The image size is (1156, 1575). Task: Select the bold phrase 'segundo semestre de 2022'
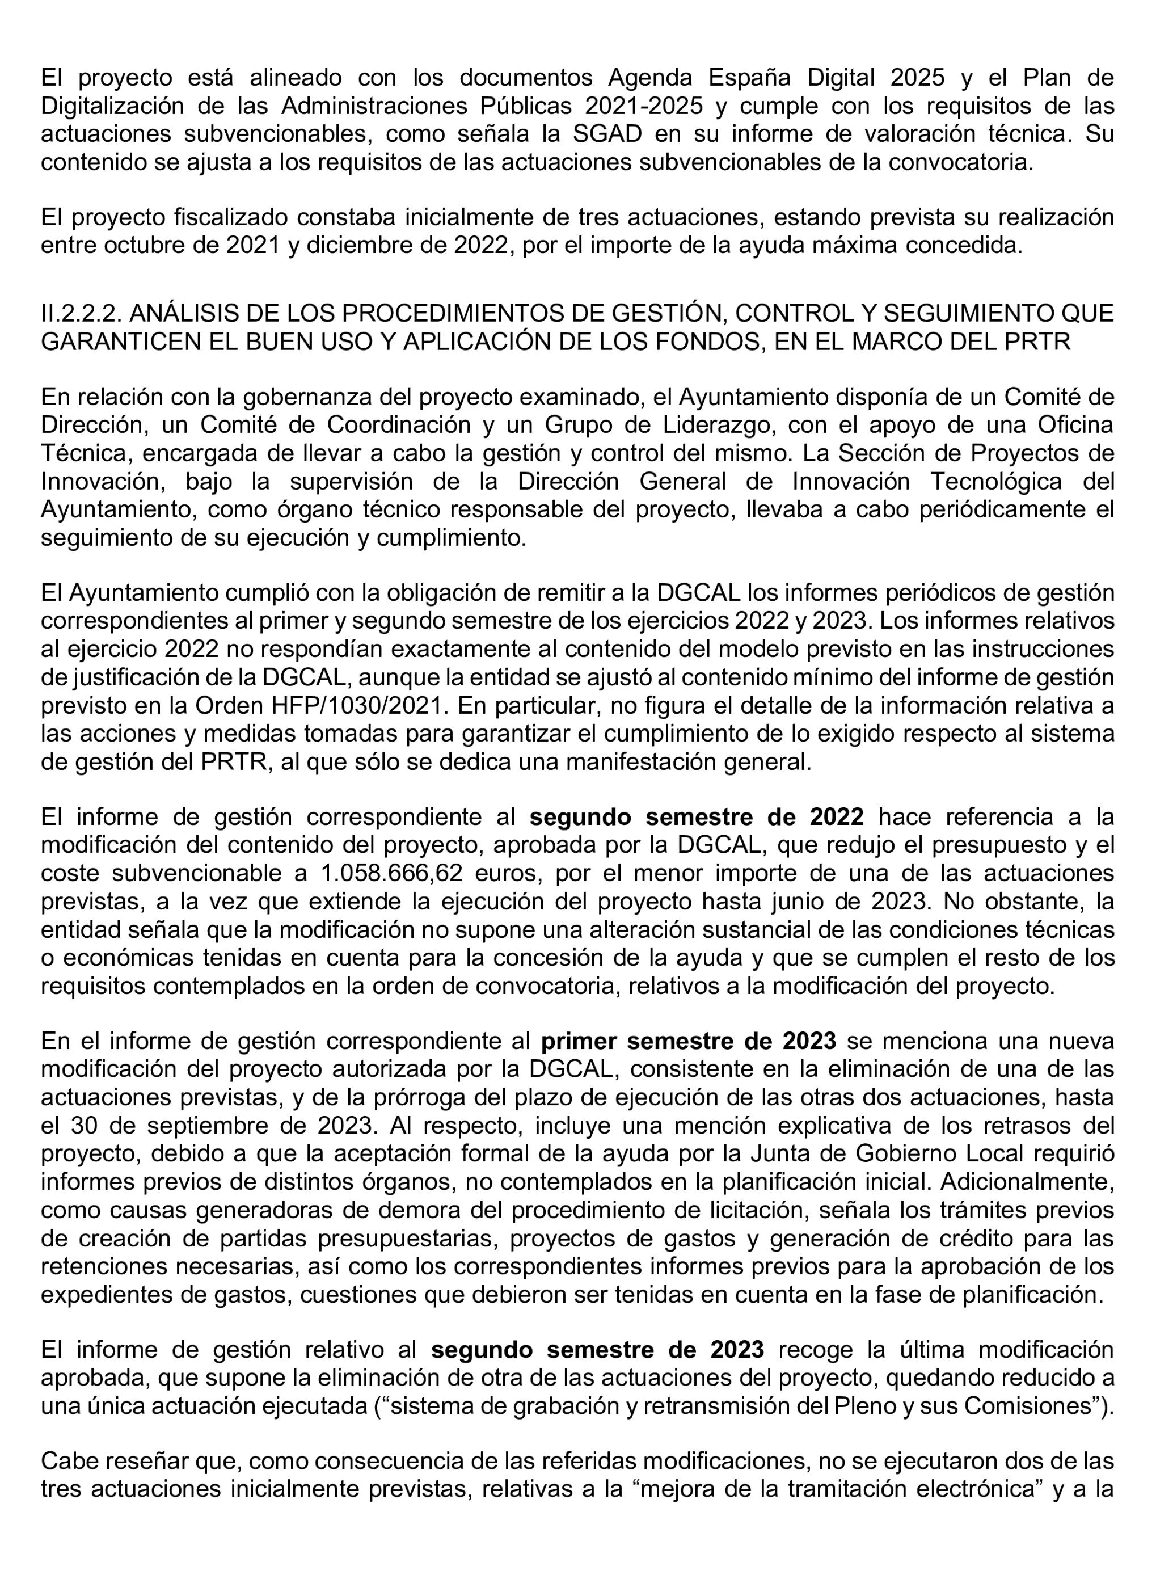coord(696,817)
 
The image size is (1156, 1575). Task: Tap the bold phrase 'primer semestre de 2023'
coord(689,1041)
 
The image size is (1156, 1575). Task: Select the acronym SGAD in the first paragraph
coord(607,134)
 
